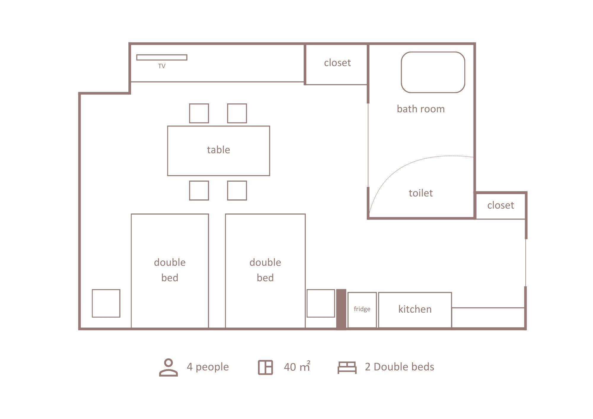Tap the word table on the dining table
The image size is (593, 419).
point(219,150)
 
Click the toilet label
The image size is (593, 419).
point(421,193)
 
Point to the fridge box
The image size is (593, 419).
point(362,310)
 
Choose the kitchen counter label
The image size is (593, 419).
point(415,309)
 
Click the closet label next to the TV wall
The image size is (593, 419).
point(337,63)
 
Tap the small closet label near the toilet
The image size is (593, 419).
point(500,205)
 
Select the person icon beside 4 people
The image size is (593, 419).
point(168,367)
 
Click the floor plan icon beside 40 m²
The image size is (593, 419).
point(265,367)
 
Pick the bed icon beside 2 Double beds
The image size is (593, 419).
point(347,367)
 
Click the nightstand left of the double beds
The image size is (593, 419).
point(106,303)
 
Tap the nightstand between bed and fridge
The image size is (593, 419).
point(321,303)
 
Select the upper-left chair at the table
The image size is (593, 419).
point(199,113)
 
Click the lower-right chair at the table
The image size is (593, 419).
point(237,191)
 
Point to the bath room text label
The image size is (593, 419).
point(421,109)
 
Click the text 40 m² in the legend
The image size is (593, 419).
point(297,366)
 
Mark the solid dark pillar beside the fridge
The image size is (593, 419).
point(341,309)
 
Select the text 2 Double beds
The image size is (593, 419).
point(399,367)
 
